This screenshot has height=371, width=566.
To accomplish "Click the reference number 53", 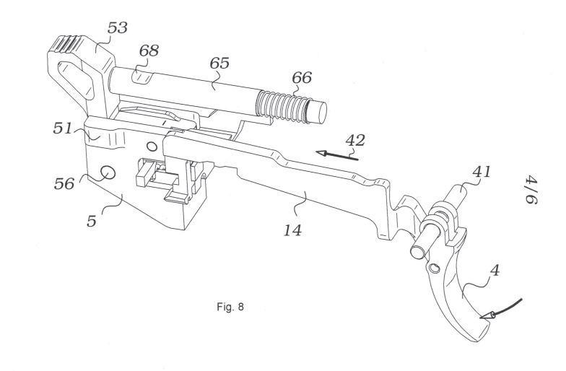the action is pyautogui.click(x=117, y=27).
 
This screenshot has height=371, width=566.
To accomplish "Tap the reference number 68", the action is pyautogui.click(x=149, y=51).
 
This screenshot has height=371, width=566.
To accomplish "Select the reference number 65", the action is pyautogui.click(x=219, y=64).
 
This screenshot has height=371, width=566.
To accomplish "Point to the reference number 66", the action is pyautogui.click(x=302, y=78).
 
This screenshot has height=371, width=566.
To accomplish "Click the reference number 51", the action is pyautogui.click(x=63, y=128).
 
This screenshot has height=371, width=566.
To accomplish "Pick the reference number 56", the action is pyautogui.click(x=64, y=183).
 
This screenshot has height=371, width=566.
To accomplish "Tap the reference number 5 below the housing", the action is pyautogui.click(x=92, y=221).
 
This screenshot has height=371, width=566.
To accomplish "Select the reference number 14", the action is pyautogui.click(x=292, y=230).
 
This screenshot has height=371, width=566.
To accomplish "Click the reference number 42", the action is pyautogui.click(x=355, y=140).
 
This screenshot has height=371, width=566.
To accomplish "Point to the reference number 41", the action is pyautogui.click(x=482, y=172).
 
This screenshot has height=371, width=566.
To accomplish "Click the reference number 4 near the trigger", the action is pyautogui.click(x=495, y=270).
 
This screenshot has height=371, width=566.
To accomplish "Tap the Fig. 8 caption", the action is pyautogui.click(x=230, y=307).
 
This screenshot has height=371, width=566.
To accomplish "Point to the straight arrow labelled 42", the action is pyautogui.click(x=336, y=156).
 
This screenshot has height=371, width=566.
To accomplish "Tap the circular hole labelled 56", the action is pyautogui.click(x=107, y=173).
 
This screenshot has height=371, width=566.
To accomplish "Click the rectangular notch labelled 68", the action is pyautogui.click(x=144, y=77).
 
